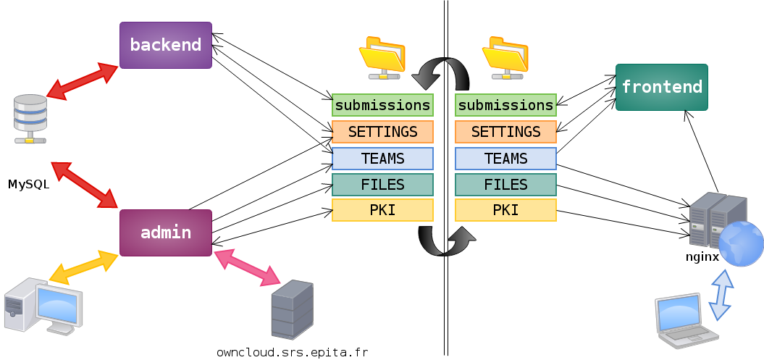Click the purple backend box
click(166, 45)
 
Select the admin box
click(166, 233)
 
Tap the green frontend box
click(661, 87)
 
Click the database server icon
click(30, 118)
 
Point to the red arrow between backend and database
click(83, 80)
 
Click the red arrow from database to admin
click(84, 185)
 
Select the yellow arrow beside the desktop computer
click(83, 267)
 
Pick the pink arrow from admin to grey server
click(247, 267)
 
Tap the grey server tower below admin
click(292, 309)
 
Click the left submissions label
click(382, 105)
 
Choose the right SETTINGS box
click(505, 132)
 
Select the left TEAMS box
click(382, 159)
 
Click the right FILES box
click(505, 185)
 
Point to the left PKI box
click(382, 210)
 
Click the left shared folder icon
click(382, 56)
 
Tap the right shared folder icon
click(505, 56)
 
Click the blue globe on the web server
click(740, 244)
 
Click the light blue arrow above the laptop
click(721, 295)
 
